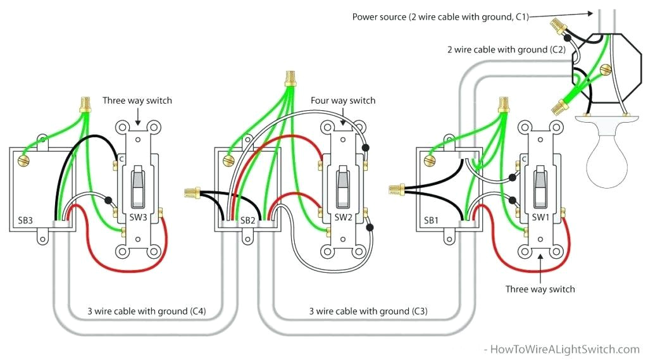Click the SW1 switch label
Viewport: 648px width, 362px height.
(540, 218)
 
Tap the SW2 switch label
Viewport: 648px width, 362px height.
(343, 218)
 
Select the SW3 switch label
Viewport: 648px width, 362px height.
(139, 218)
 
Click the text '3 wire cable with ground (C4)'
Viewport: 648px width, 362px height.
(146, 311)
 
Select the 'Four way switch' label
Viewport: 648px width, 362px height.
(342, 101)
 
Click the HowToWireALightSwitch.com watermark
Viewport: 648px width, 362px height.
(561, 349)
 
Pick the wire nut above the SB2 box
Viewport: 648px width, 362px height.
(291, 78)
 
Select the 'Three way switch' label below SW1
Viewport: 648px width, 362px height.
(540, 289)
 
